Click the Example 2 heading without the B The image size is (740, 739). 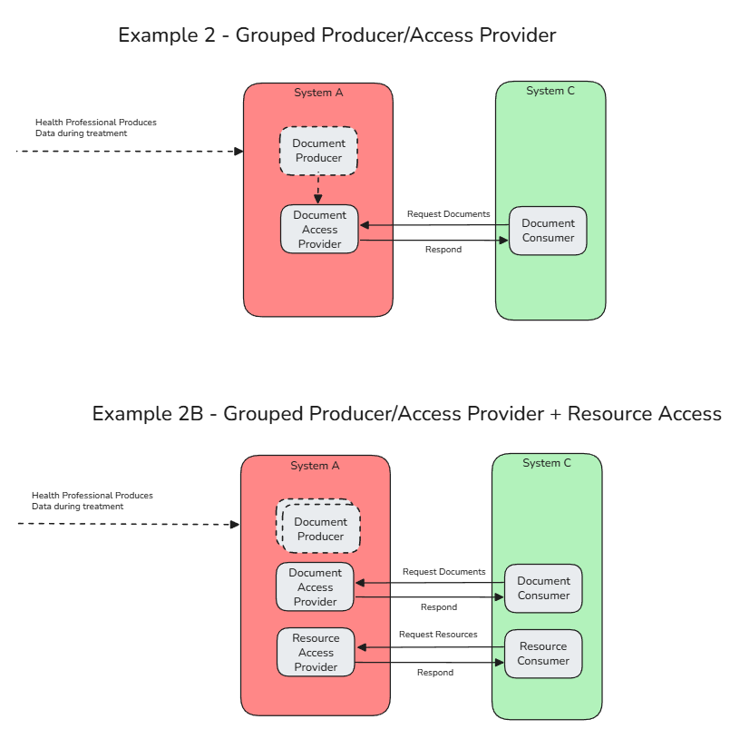point(336,35)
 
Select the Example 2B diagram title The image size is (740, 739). point(406,414)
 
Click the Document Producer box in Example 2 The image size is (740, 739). point(318,151)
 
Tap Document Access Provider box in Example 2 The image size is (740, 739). point(319,230)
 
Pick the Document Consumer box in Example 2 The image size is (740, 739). point(548,231)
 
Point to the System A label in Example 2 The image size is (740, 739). point(318,93)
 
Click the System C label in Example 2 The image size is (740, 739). point(550,91)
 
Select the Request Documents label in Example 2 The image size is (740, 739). point(448,214)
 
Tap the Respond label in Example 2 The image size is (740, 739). point(443,250)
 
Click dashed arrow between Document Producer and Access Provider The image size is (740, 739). point(318,190)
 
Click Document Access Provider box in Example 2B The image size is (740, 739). point(315,587)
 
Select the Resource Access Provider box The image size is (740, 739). point(316,653)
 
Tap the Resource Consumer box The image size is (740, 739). point(543,654)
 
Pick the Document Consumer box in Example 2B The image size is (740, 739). point(543,588)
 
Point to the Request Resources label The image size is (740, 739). point(438,635)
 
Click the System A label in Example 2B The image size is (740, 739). point(315,466)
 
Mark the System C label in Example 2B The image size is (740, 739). point(547,463)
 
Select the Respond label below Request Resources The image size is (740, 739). point(435,673)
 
